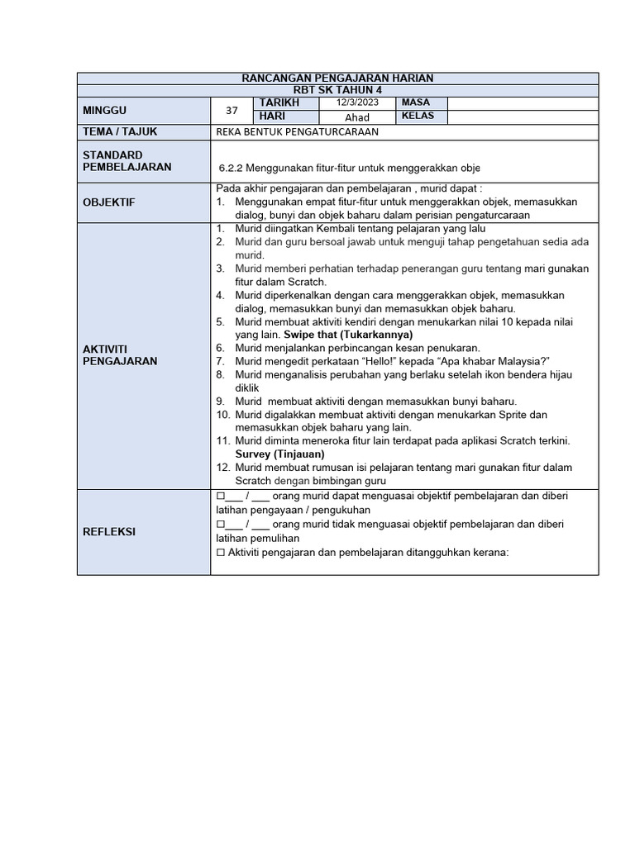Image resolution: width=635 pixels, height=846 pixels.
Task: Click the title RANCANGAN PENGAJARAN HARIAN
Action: pyautogui.click(x=337, y=78)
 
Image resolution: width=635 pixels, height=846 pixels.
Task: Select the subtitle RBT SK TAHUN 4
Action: pyautogui.click(x=337, y=89)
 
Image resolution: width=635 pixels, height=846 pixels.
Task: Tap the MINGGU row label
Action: pyautogui.click(x=105, y=110)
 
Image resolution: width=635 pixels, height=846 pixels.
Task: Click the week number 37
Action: pyautogui.click(x=232, y=110)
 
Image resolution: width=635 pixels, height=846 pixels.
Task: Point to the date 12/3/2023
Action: pyautogui.click(x=356, y=102)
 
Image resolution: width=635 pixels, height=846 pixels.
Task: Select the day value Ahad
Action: pyautogui.click(x=357, y=117)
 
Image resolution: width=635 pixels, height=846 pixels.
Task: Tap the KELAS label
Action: pyautogui.click(x=419, y=116)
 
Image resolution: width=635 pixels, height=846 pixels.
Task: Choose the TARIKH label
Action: pyautogui.click(x=279, y=102)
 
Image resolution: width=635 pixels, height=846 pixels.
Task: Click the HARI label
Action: pyautogui.click(x=272, y=116)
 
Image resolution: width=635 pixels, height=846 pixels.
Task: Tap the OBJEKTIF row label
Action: pyautogui.click(x=109, y=202)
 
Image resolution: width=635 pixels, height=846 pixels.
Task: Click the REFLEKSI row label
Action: pyautogui.click(x=108, y=532)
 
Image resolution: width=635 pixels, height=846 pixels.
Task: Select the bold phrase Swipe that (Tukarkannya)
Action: pyautogui.click(x=348, y=335)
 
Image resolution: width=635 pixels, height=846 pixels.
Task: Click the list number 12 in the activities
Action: pyautogui.click(x=222, y=467)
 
